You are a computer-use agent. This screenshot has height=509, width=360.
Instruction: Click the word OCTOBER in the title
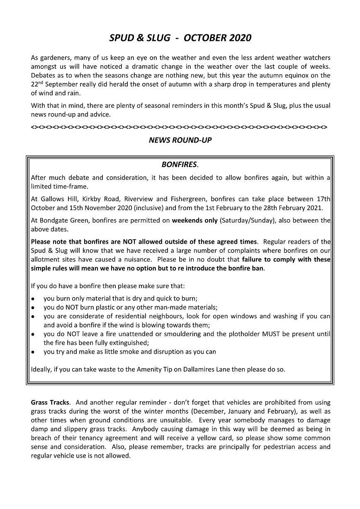pos(204,38)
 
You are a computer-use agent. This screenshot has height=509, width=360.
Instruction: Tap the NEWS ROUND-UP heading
pos(180,140)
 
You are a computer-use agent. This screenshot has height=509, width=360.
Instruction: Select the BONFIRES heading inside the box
pos(179,165)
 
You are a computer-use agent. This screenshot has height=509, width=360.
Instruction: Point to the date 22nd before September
pos(36,84)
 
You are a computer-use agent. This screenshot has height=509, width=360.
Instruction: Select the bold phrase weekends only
pos(195,221)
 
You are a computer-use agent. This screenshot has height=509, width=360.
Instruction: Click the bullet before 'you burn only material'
pos(33,298)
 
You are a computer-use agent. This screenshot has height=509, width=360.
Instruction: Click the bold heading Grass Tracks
pos(50,402)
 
